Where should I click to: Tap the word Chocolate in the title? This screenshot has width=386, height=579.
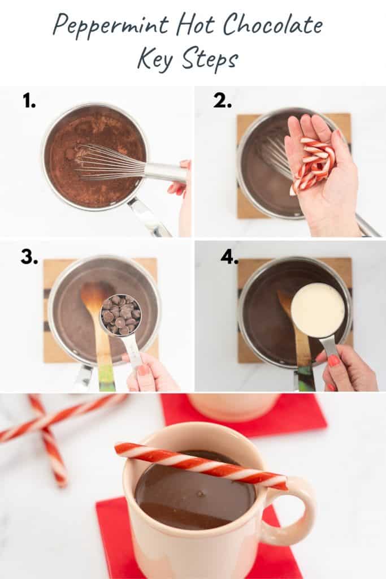coord(273,25)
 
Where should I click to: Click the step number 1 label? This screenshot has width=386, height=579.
coord(29,101)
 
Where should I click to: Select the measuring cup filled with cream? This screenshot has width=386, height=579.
coord(317,310)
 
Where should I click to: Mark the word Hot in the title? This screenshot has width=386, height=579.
coord(196,25)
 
